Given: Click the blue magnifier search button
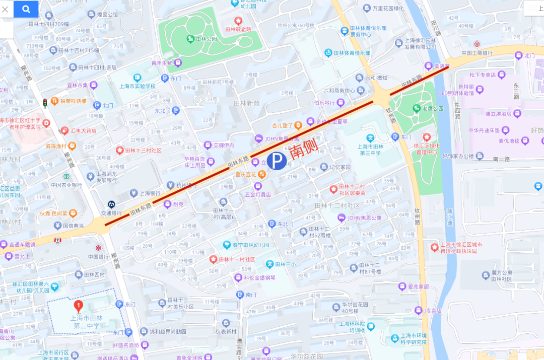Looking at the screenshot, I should pyautogui.click(x=26, y=9).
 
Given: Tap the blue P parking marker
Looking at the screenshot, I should pyautogui.click(x=276, y=161).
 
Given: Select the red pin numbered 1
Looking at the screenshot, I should pyautogui.click(x=78, y=305).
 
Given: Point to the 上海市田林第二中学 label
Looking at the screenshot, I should pyautogui.click(x=86, y=322).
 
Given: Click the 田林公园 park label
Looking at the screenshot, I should pyautogui.click(x=206, y=39).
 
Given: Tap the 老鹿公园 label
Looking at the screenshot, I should pyautogui.click(x=432, y=108).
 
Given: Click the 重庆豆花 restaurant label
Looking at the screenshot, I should pyautogui.click(x=246, y=175).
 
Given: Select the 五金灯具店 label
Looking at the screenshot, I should pyautogui.click(x=258, y=194).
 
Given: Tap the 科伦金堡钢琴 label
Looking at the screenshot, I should pyautogui.click(x=259, y=277).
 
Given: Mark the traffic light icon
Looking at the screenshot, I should pyautogui.click(x=45, y=103).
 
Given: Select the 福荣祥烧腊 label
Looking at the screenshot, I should pyautogui.click(x=73, y=101).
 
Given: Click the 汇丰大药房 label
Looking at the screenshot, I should pyautogui.click(x=83, y=131).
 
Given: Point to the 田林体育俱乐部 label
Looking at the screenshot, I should pyautogui.click(x=353, y=53).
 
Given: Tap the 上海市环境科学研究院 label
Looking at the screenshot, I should pyautogui.click(x=413, y=339).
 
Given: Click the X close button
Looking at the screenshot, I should pyautogui.click(x=6, y=9).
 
